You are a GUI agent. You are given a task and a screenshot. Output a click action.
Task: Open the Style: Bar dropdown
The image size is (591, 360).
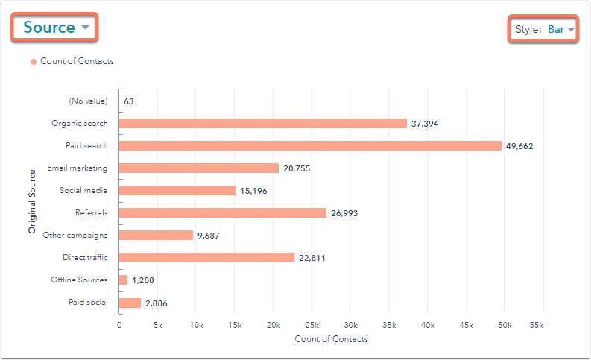[544, 30]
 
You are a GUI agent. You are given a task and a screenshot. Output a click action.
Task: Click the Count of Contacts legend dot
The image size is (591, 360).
[34, 62]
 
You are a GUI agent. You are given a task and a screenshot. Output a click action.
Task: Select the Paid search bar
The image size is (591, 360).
[310, 145]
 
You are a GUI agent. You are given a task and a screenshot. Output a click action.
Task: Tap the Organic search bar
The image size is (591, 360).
[263, 123]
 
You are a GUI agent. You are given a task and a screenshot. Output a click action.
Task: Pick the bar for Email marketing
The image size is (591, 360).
[199, 168]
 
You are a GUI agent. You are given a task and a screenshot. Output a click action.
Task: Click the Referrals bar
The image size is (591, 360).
[223, 213]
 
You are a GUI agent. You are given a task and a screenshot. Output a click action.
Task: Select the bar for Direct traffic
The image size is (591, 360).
[207, 258]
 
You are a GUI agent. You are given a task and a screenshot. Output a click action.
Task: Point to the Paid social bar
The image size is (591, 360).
[130, 303]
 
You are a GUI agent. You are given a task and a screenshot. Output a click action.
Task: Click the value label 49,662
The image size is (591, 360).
[519, 146]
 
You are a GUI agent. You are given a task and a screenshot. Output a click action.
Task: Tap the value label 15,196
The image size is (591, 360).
[253, 191]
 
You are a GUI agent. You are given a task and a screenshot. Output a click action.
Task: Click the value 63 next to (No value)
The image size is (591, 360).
[129, 101]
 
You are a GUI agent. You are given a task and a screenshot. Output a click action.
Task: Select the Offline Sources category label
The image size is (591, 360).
[79, 280]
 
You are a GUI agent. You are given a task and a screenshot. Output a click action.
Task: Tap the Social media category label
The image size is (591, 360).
[83, 191]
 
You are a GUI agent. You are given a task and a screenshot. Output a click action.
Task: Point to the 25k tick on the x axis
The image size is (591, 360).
[312, 325]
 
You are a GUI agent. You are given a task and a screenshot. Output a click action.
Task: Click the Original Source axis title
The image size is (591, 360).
[32, 201]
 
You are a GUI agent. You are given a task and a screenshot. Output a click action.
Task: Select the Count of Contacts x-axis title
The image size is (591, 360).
[331, 339]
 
